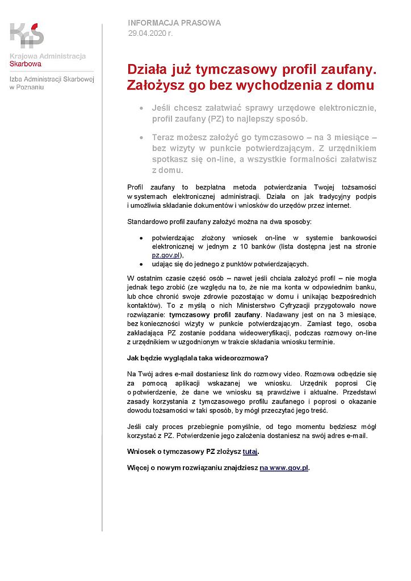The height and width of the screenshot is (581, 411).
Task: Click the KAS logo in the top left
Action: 27,35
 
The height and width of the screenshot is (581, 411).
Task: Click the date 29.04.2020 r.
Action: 150,33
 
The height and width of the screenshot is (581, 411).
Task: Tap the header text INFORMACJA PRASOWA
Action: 174,23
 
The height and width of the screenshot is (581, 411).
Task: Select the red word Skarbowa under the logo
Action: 26,64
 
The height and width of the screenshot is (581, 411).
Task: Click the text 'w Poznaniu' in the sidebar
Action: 27,87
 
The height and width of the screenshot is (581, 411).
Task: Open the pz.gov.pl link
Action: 166,255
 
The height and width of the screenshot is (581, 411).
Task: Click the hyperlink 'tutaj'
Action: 250,452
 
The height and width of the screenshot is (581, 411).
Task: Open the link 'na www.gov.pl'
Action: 284,468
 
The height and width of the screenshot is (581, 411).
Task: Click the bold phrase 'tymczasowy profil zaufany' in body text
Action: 215,314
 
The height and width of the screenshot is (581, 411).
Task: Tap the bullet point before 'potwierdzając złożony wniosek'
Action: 141,238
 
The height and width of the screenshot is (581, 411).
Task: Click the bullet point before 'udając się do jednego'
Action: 141,264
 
